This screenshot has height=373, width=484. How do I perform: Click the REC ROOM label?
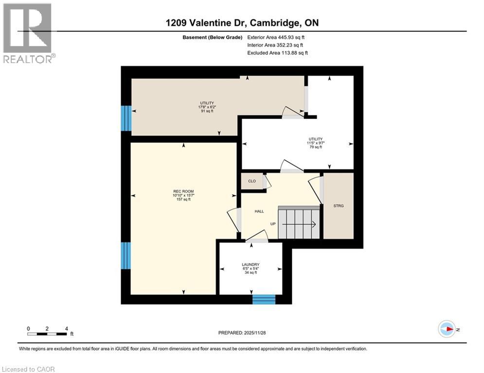pyautogui.click(x=180, y=191)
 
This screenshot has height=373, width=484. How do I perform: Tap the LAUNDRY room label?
pyautogui.click(x=251, y=264)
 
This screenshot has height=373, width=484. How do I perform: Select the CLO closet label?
pyautogui.click(x=252, y=181)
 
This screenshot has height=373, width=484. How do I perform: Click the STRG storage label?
pyautogui.click(x=339, y=206)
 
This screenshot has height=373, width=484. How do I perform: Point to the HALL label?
pyautogui.click(x=259, y=211)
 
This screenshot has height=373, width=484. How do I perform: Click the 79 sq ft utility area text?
pyautogui.click(x=316, y=147)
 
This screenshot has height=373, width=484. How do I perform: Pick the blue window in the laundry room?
pyautogui.click(x=264, y=299)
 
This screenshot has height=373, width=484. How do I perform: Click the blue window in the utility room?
pyautogui.click(x=126, y=118)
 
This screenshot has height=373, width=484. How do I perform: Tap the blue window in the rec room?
pyautogui.click(x=126, y=255)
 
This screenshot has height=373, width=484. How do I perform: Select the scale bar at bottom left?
pyautogui.click(x=48, y=333)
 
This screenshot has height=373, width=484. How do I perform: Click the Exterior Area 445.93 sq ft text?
pyautogui.click(x=276, y=37)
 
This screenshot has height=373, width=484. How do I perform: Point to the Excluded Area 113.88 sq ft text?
pyautogui.click(x=277, y=53)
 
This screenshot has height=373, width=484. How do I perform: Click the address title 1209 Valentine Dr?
pyautogui.click(x=242, y=23)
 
